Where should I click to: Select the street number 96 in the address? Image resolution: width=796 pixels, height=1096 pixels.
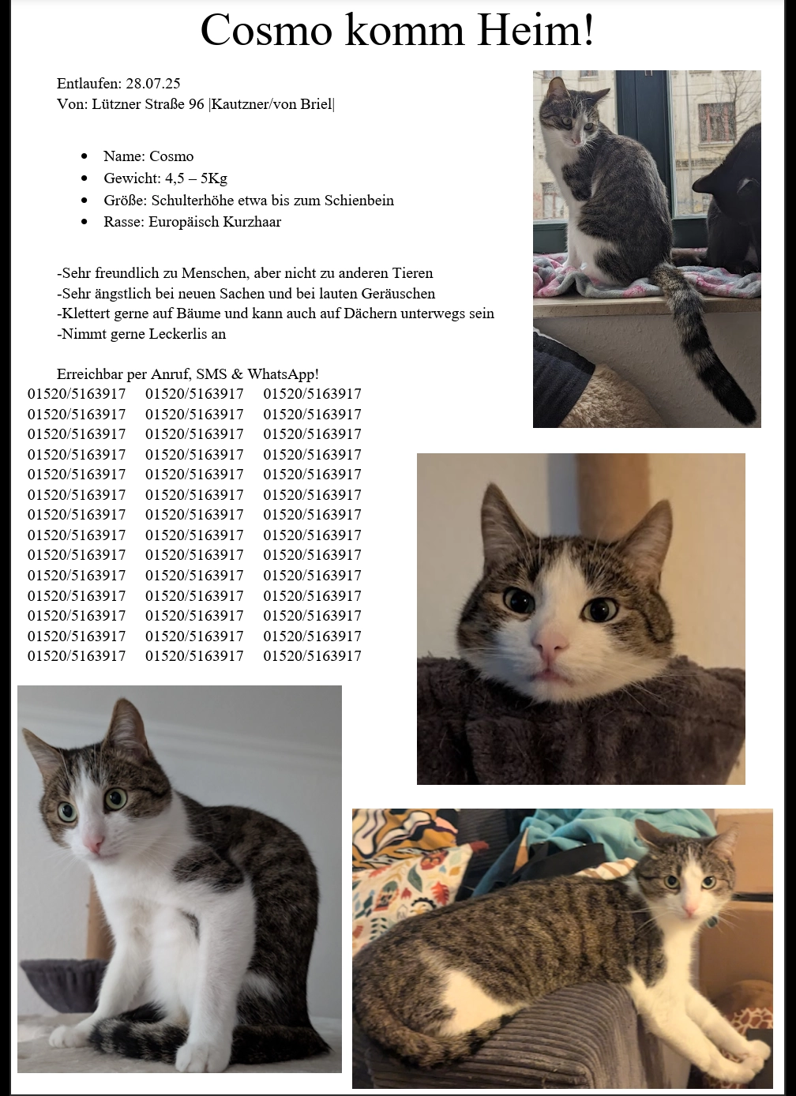(x=197, y=103)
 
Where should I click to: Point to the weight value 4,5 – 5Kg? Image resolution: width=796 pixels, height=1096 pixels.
(x=196, y=178)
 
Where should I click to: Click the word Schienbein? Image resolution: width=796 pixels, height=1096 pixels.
(x=359, y=200)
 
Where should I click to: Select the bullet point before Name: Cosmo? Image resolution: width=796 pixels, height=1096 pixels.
(x=84, y=156)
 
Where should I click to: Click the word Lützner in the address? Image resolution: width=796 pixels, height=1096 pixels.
(x=118, y=103)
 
